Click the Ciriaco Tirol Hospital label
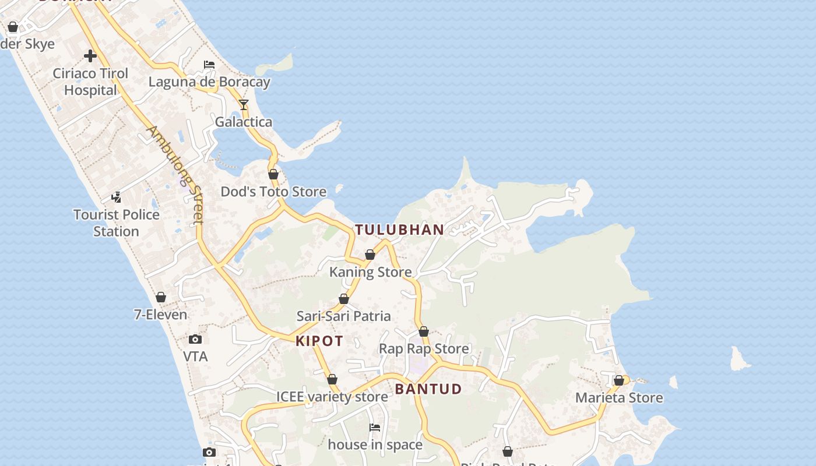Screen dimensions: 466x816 [x=90, y=82]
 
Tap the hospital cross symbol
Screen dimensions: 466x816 [x=90, y=56]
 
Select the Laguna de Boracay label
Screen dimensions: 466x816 [x=209, y=82]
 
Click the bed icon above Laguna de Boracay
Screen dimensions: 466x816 [x=209, y=65]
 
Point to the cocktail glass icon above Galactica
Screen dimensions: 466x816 [x=244, y=105]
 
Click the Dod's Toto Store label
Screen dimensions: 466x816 [x=273, y=192]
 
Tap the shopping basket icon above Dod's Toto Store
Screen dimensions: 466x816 [x=273, y=174]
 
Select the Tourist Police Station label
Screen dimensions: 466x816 [x=117, y=223]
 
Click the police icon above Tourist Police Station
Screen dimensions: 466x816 [x=117, y=197]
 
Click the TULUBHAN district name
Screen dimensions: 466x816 [x=400, y=230]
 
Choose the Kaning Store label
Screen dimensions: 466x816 [x=371, y=272]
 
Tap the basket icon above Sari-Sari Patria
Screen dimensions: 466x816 [x=344, y=299]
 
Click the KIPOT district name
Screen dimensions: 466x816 [x=319, y=341]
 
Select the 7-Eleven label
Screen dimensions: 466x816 [x=161, y=315]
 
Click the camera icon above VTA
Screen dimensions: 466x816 [x=195, y=339]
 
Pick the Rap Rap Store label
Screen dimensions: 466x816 [x=424, y=349]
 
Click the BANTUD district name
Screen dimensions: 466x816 [x=428, y=389]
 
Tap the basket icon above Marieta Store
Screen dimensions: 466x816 [x=619, y=381]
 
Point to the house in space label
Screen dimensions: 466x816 [x=375, y=445]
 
